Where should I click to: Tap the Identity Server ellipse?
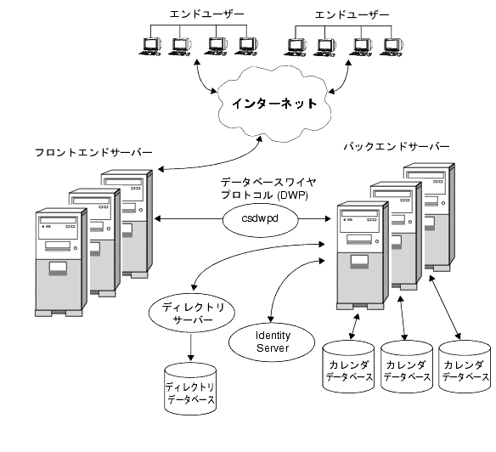pyautogui.click(x=273, y=341)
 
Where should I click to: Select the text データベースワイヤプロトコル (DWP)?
pyautogui.click(x=262, y=188)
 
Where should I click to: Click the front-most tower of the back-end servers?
pyautogui.click(x=360, y=255)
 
